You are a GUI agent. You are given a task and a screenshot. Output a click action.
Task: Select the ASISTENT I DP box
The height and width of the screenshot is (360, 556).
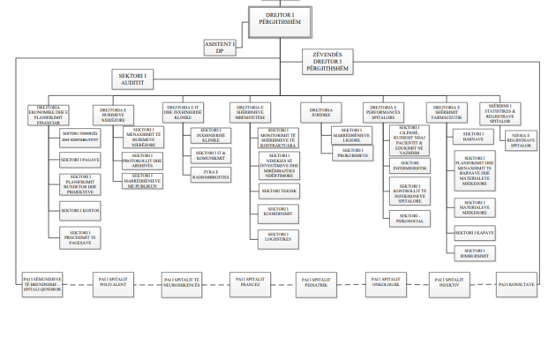pos(220,47)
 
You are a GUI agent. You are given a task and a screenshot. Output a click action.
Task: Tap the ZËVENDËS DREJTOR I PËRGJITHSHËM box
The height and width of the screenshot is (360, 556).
pos(331,61)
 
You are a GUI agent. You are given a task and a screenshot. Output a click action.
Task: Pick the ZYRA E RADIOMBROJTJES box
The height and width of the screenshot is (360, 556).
pos(209,174)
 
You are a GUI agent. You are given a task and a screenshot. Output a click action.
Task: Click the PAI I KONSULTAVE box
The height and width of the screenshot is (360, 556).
pos(518,283)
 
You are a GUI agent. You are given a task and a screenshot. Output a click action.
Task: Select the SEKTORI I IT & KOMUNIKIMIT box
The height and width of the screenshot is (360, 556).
pos(209,155)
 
